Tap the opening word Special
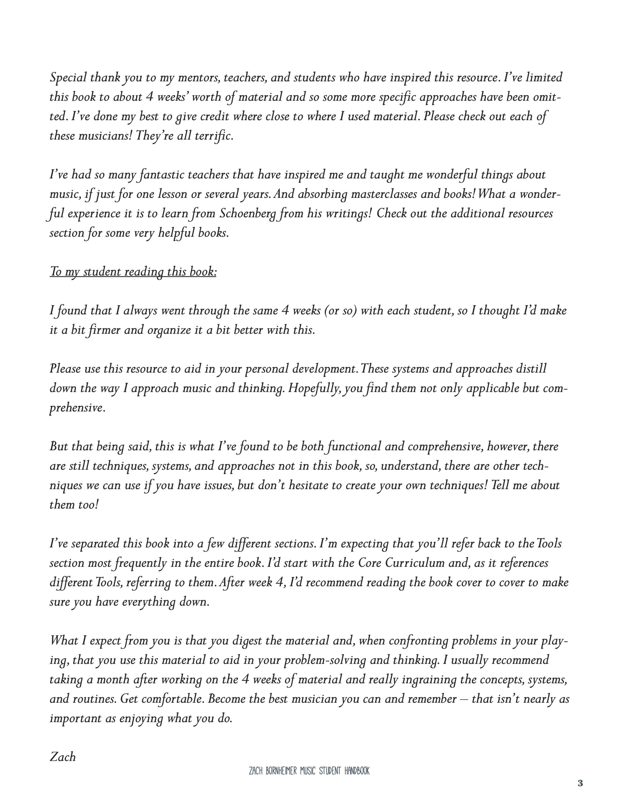pyautogui.click(x=68, y=78)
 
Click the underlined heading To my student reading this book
pyautogui.click(x=133, y=272)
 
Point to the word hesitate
pyautogui.click(x=307, y=485)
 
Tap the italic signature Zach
pyautogui.click(x=62, y=757)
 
